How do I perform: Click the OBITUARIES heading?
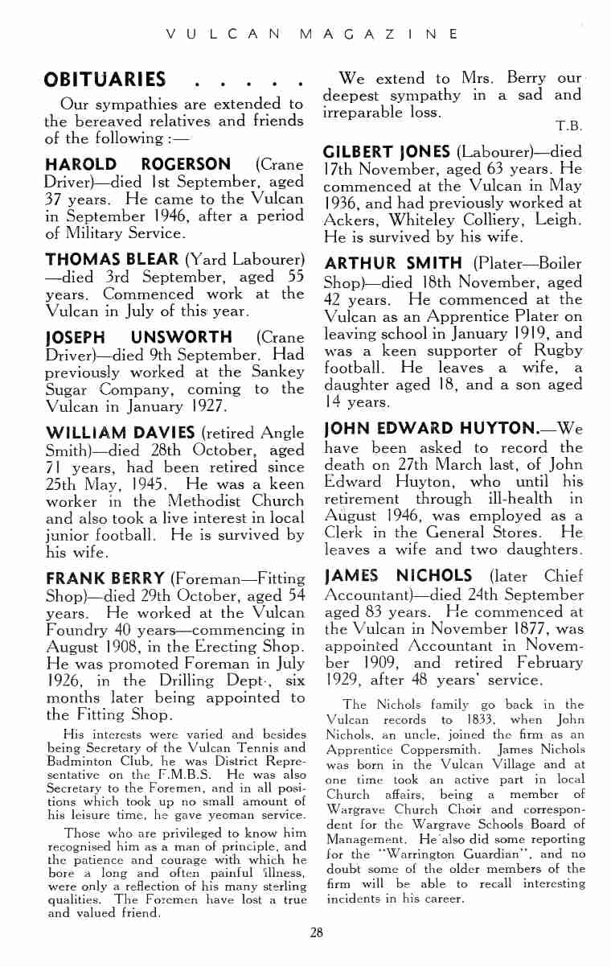tap(105, 80)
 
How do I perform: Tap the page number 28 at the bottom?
tap(317, 932)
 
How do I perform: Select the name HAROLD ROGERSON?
tap(138, 165)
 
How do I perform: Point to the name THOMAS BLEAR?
tap(113, 259)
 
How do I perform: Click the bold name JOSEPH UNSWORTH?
tap(138, 336)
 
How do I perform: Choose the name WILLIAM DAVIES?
tap(120, 433)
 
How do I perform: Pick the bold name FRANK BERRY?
tap(105, 578)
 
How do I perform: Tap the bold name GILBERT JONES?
tap(387, 152)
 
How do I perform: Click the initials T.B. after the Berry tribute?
tap(568, 126)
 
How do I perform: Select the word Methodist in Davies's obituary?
tap(189, 501)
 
